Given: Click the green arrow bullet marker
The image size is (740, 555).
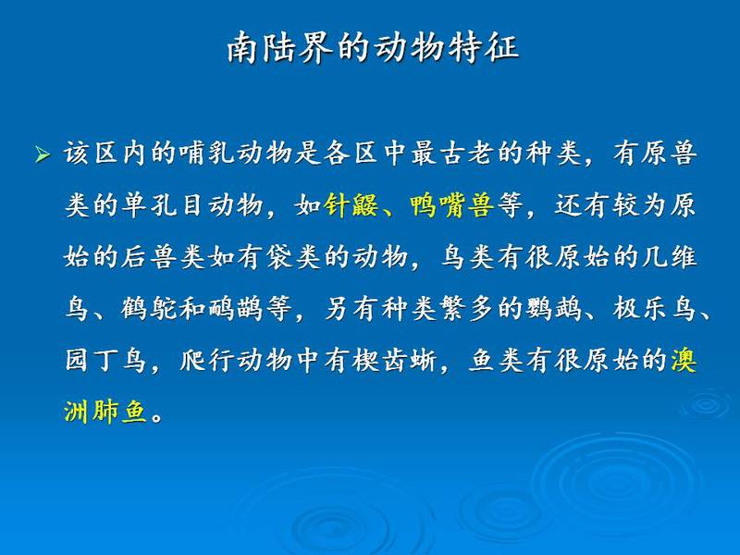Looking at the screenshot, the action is (43, 154).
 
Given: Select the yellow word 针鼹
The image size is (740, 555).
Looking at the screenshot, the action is (351, 205).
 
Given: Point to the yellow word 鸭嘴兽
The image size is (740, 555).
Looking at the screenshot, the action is (451, 205).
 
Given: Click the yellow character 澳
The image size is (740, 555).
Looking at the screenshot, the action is (684, 361).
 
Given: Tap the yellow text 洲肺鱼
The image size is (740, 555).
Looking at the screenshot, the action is (105, 412).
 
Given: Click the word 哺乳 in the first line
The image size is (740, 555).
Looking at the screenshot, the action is (222, 154).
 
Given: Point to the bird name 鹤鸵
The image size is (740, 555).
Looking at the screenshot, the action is (148, 309).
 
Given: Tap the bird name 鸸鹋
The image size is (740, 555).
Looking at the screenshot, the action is (235, 309).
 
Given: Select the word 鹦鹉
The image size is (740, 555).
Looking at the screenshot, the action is (554, 309).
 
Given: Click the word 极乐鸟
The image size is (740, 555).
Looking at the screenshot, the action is (655, 309).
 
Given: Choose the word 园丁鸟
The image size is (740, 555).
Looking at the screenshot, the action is (105, 361).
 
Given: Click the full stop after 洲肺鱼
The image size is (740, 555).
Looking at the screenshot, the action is (157, 418).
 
